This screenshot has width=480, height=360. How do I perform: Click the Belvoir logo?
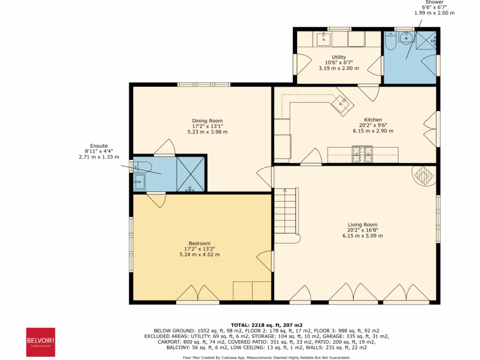tap(40, 342)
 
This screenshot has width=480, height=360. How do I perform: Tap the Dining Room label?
tap(207, 121)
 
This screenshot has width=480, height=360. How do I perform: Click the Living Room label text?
tap(362, 225)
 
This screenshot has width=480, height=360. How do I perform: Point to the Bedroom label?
tap(200, 243)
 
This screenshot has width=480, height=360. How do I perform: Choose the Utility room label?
tap(338, 57)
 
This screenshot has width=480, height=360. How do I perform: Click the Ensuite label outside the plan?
tap(101, 146)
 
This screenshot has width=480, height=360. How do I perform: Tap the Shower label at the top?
tap(435, 2)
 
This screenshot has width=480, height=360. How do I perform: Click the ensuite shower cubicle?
tap(190, 174)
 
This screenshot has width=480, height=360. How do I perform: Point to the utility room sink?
tap(324, 39)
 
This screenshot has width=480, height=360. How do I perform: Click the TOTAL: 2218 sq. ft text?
tap(266, 325)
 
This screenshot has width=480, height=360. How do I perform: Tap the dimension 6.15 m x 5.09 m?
tap(362, 236)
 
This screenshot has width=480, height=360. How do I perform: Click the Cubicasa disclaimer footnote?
tap(266, 357)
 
